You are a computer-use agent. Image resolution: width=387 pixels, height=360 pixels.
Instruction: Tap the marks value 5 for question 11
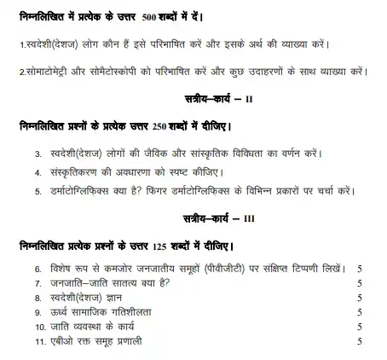(x=360, y=342)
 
